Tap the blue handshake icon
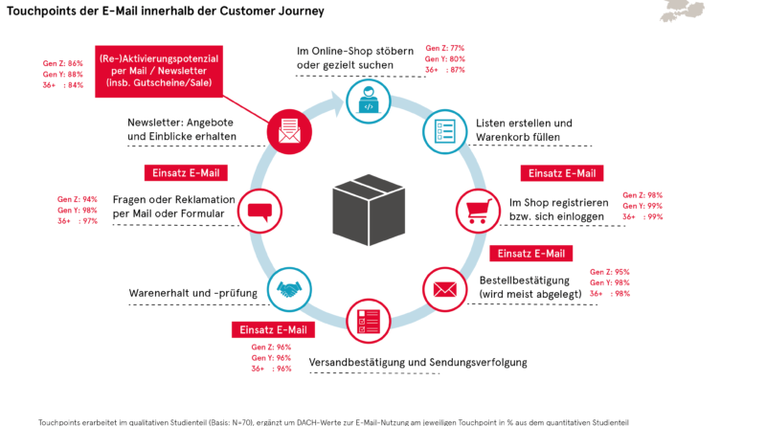[287, 288]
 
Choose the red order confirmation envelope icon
[443, 287]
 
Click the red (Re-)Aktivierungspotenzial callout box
[159, 72]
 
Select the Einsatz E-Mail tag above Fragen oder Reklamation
[181, 173]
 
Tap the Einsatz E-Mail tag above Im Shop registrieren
[562, 173]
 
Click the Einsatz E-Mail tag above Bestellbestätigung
[530, 254]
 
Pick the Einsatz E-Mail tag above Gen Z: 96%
[273, 329]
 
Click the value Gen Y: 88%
[63, 75]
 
